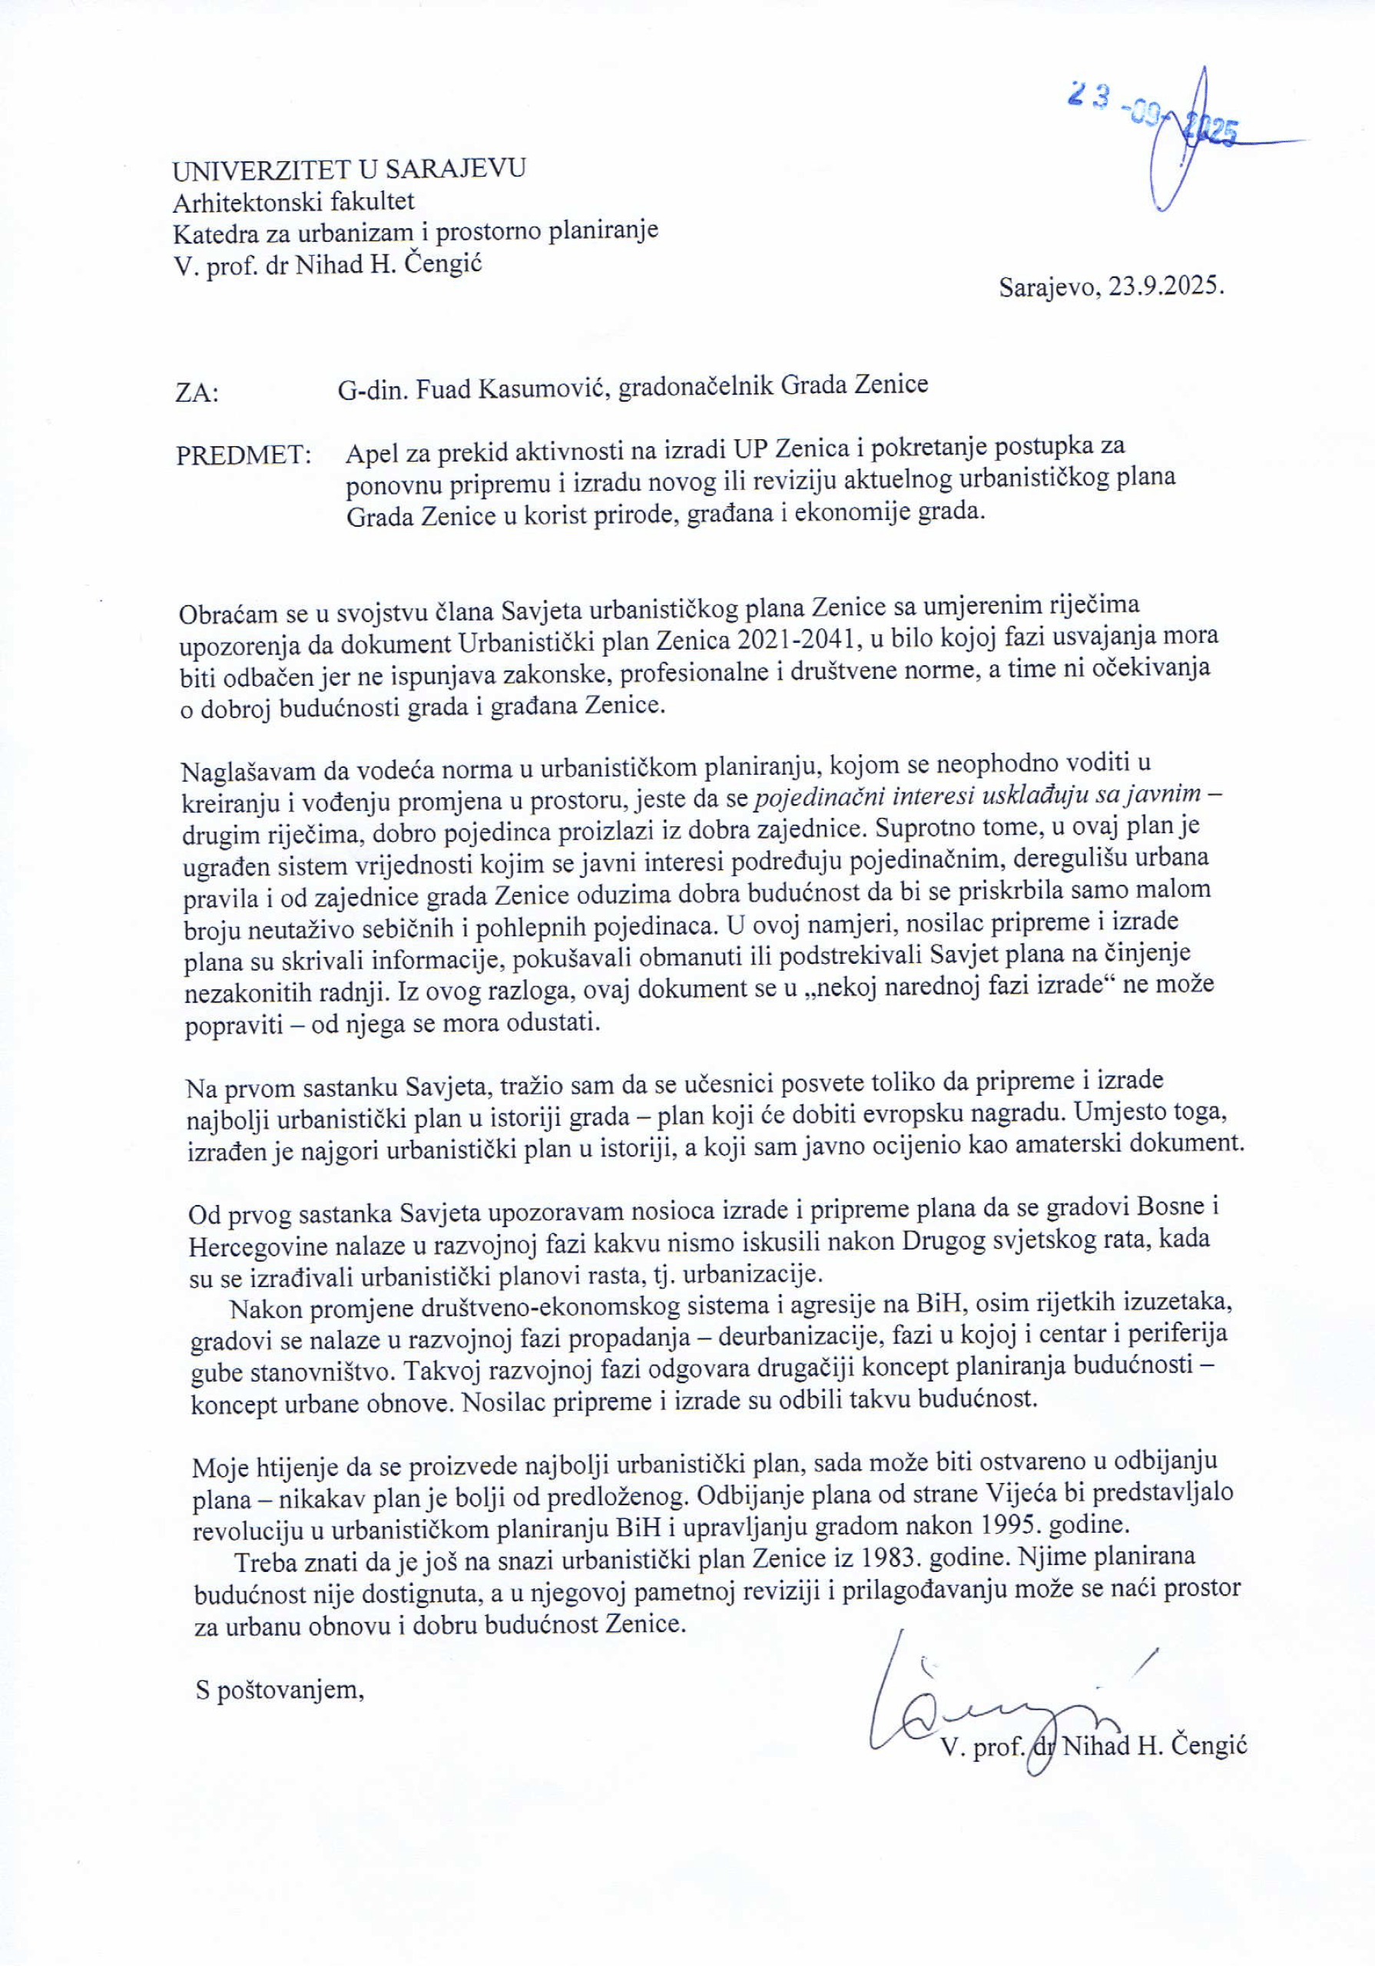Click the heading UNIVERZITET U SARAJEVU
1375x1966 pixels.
coord(349,169)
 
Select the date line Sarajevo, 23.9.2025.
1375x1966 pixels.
coord(1111,286)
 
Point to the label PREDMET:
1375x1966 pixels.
coord(244,455)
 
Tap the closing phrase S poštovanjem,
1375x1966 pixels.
coord(280,1690)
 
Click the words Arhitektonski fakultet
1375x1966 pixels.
coord(293,202)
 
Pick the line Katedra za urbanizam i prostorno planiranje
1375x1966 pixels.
coord(416,231)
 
